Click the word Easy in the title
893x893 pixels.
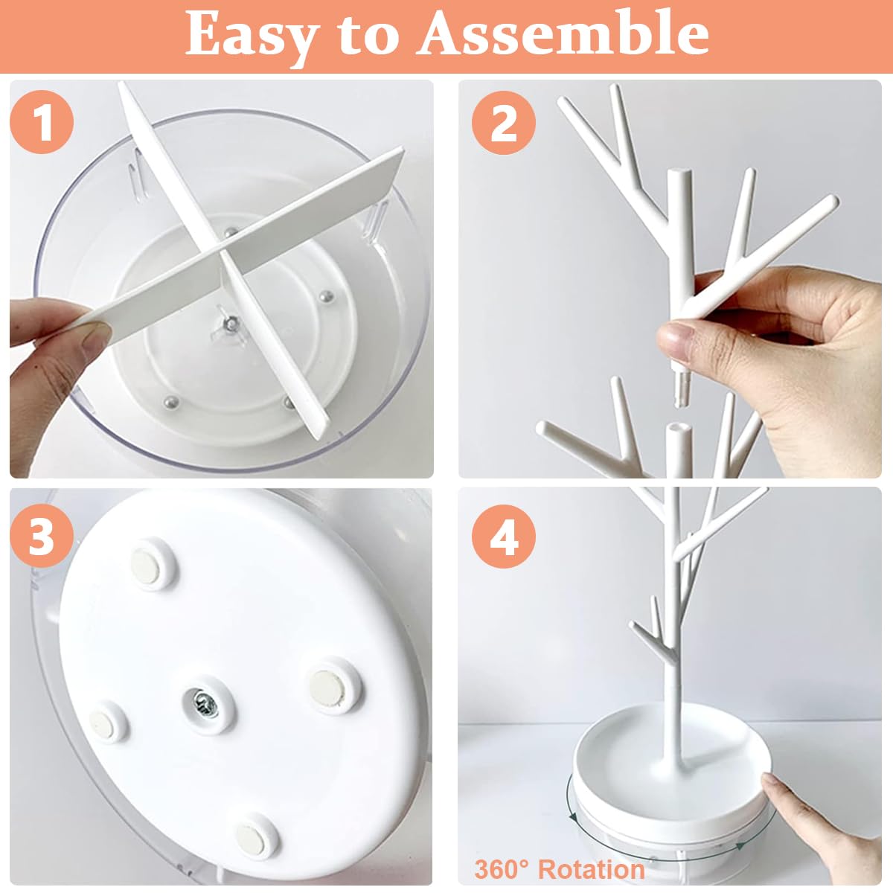[253, 34]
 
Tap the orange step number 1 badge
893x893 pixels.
[42, 121]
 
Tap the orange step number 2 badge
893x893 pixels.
[504, 121]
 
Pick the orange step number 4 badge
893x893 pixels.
[504, 536]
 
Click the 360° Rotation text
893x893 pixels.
[559, 868]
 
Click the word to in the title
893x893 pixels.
[369, 34]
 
